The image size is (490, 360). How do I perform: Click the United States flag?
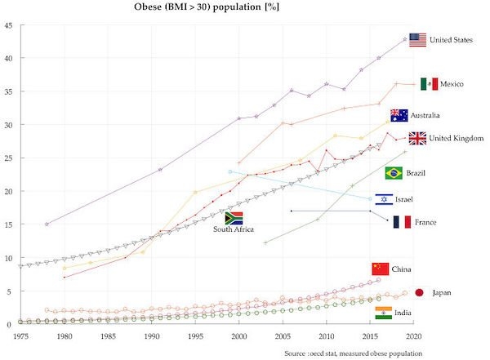417,40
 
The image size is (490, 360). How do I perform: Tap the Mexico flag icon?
429,84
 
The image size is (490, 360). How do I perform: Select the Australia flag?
399,115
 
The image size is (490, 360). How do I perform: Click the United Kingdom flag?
417,138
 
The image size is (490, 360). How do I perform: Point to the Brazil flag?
394,173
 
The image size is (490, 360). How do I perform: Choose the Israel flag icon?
383,199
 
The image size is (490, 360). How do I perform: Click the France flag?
401,222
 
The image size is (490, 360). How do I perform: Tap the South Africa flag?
234,218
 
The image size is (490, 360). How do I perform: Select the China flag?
380,269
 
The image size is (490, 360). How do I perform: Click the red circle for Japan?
419,292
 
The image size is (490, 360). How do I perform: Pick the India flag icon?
383,312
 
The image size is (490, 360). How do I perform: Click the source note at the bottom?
353,353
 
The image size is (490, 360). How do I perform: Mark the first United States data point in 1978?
47,224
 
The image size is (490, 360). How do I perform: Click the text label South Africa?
234,230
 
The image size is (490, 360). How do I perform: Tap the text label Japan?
442,292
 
